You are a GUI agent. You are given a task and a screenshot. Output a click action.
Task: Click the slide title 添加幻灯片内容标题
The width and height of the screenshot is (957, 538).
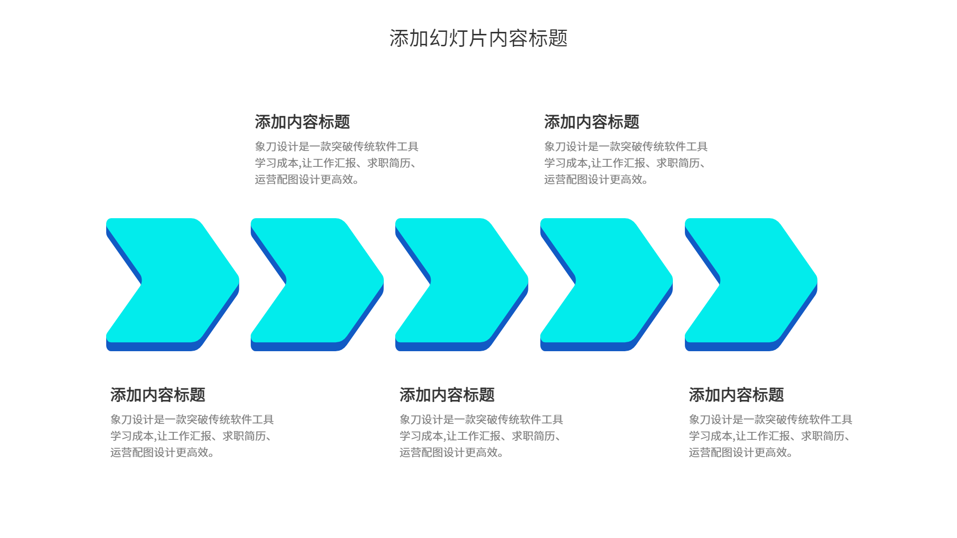478,38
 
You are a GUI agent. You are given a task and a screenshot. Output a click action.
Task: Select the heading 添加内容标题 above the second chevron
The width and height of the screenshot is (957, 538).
302,122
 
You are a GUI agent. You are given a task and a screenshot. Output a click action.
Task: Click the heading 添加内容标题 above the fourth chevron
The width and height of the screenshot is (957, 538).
591,122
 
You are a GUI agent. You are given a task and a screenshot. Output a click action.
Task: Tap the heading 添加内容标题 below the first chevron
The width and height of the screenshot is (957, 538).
158,395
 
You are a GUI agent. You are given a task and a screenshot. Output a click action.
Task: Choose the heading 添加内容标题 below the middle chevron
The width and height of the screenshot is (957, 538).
447,395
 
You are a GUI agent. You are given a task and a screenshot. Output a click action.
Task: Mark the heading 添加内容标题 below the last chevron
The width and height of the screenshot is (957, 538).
736,395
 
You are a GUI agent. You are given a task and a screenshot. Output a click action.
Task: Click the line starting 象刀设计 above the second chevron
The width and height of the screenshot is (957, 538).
336,146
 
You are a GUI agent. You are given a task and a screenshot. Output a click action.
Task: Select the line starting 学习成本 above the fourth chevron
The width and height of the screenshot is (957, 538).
626,163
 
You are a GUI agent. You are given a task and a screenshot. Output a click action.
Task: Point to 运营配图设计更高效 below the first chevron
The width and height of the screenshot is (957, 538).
162,452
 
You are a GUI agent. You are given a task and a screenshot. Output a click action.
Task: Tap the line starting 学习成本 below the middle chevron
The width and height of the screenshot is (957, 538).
481,436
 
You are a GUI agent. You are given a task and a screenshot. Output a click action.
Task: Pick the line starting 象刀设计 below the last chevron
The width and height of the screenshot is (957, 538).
770,419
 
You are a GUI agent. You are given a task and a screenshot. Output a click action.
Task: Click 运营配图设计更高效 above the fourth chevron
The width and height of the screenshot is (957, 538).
596,179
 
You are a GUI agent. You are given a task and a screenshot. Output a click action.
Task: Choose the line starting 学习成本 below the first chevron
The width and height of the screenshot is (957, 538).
192,436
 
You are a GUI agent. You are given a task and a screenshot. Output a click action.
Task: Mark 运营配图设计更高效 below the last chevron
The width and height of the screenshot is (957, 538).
741,452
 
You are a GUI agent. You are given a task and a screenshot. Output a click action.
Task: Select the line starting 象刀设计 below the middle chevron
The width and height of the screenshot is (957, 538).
481,419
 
